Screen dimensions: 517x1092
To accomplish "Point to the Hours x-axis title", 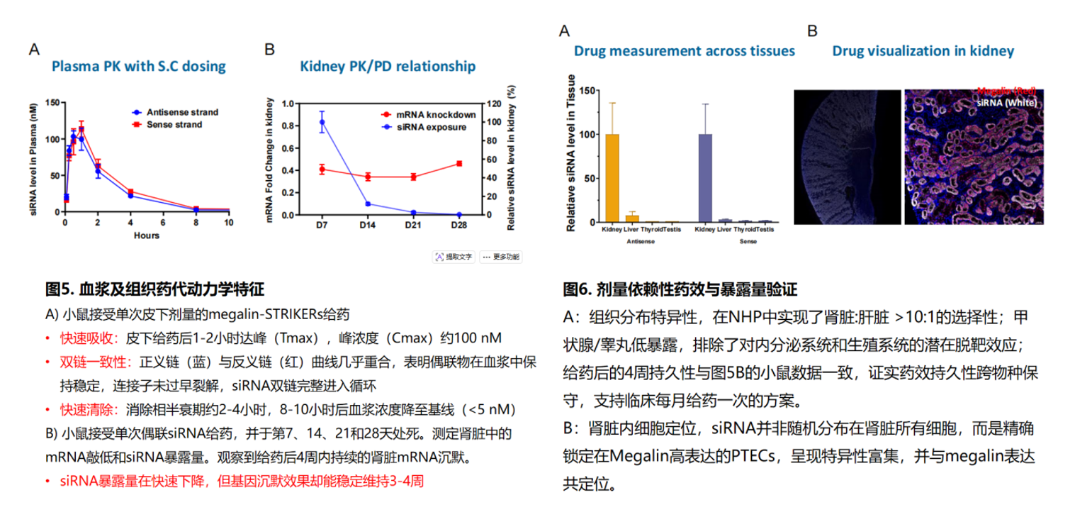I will (147, 235).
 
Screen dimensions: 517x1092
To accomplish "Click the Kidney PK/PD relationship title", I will (387, 67).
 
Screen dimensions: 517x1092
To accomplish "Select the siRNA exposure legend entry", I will (429, 127).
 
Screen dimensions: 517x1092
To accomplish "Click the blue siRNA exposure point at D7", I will (322, 122).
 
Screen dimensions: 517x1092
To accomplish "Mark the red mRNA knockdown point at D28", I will (459, 164).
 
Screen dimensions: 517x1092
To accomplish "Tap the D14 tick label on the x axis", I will (367, 225).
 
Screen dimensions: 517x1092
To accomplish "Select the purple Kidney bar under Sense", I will (705, 178).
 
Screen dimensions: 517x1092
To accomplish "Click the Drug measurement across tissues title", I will (684, 51).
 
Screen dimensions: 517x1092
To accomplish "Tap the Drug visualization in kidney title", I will (923, 51).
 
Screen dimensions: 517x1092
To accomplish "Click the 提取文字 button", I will (454, 256).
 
